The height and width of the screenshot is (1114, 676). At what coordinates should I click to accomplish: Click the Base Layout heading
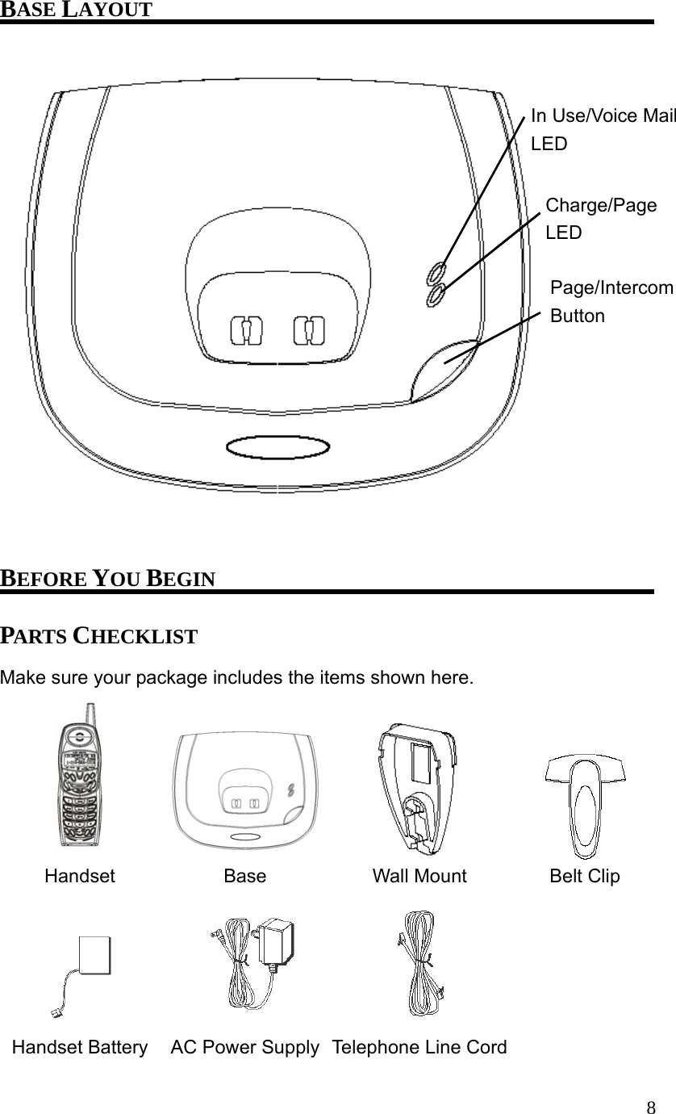coord(76,10)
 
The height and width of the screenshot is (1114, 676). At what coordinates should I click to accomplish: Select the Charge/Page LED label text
coord(601,219)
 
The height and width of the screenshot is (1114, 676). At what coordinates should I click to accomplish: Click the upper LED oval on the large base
coord(436,273)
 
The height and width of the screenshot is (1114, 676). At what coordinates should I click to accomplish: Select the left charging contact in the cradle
coord(247,330)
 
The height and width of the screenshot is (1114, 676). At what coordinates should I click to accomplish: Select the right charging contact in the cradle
coord(309,329)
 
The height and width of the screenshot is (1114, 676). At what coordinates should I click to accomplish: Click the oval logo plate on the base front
coord(277,447)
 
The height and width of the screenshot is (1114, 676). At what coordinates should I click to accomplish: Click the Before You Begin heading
coord(107,579)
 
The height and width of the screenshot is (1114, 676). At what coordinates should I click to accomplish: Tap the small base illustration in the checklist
coord(245,790)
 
